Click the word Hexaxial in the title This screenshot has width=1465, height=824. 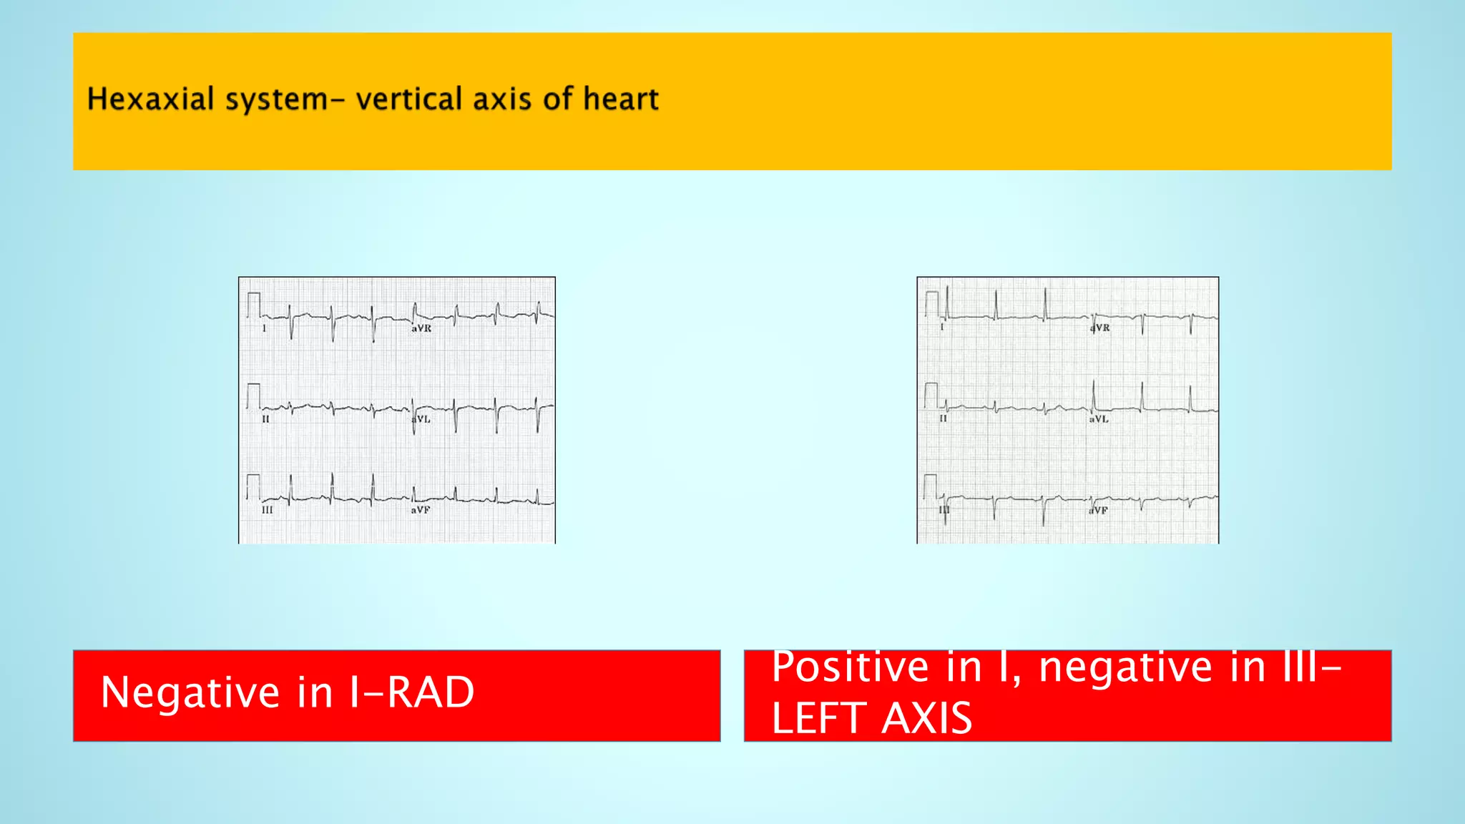tap(150, 99)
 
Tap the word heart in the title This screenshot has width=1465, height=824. tap(620, 99)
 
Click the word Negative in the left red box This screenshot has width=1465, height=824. tap(190, 692)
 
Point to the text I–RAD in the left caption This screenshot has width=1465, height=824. tap(411, 692)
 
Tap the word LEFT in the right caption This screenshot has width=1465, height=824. tap(820, 718)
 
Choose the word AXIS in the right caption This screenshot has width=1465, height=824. tap(927, 718)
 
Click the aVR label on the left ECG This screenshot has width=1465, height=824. tap(421, 328)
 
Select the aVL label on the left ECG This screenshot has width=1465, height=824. tap(422, 419)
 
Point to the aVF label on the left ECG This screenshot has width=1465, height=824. tap(421, 510)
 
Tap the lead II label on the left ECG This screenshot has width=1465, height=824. tap(265, 419)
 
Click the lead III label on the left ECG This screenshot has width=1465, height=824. tap(267, 510)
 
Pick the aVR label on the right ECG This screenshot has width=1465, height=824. tap(1100, 328)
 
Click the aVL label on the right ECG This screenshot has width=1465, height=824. tap(1099, 419)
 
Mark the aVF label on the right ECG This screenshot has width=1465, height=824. tap(1099, 511)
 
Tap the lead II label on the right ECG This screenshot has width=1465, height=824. tap(943, 418)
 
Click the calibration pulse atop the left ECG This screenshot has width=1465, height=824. tap(253, 304)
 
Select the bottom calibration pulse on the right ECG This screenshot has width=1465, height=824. tap(930, 486)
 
